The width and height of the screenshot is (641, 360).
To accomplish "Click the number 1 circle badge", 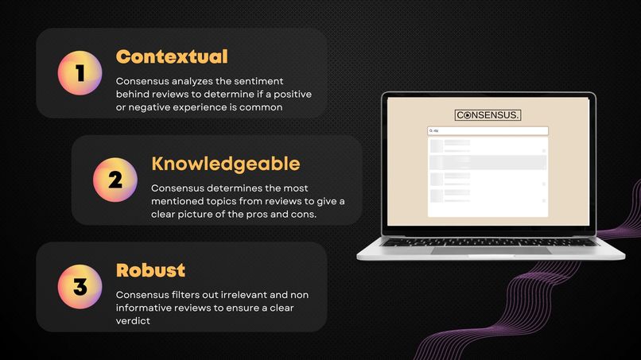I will point(80,73).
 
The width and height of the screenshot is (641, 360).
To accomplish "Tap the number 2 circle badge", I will point(115,180).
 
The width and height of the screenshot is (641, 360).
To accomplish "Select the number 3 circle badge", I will point(80,287).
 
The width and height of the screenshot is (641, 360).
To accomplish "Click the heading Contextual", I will point(172,56).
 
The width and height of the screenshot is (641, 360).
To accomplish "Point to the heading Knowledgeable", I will point(225,164).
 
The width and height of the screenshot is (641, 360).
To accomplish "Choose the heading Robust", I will point(150,269).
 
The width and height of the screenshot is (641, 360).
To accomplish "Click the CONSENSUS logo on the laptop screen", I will point(488,115).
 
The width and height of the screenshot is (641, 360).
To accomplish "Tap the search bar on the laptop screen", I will point(488,130).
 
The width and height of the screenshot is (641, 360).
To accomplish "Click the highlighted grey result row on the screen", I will point(488,162).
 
